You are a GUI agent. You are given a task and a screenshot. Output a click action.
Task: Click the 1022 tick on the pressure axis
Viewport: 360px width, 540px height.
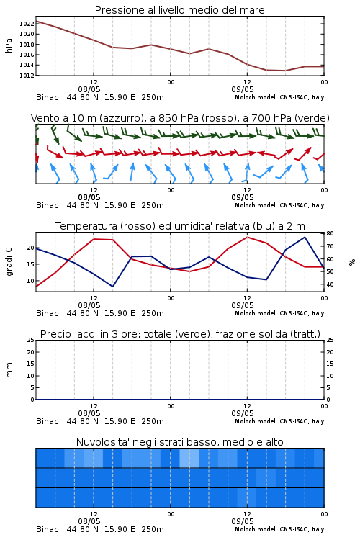(27, 24)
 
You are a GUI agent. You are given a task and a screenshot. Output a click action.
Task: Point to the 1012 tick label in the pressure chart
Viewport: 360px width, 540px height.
(27, 76)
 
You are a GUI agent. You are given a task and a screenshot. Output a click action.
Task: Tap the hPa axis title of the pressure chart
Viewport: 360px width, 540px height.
(9, 46)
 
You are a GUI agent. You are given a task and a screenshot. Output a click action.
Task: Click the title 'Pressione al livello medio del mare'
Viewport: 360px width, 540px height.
(179, 10)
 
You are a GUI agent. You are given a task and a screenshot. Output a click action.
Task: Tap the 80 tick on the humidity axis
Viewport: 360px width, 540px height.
(330, 233)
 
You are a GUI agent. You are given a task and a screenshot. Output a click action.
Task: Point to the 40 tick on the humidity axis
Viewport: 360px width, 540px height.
(330, 284)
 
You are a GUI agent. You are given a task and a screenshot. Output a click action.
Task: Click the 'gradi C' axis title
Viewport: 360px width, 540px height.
(9, 262)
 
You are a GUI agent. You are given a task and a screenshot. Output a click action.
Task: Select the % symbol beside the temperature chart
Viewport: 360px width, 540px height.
(352, 262)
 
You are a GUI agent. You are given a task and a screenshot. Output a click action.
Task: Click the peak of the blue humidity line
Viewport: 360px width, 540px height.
(305, 237)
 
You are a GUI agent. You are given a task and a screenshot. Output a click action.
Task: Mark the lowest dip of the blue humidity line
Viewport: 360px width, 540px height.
(112, 287)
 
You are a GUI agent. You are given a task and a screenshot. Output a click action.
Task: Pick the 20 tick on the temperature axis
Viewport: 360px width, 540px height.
(31, 248)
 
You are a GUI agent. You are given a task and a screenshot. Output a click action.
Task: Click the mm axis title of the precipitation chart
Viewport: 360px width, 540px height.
(9, 370)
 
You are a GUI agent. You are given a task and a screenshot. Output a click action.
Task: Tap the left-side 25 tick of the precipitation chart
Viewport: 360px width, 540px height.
(31, 340)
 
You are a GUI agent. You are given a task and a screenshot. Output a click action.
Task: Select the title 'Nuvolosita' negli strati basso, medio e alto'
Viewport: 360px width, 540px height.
(179, 442)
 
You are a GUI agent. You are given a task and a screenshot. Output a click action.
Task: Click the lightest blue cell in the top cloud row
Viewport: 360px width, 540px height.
(189, 458)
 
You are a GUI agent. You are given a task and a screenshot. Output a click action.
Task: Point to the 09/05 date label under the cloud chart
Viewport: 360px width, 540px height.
(243, 521)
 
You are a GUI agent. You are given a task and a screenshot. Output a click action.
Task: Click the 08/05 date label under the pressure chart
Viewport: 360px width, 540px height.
(89, 89)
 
